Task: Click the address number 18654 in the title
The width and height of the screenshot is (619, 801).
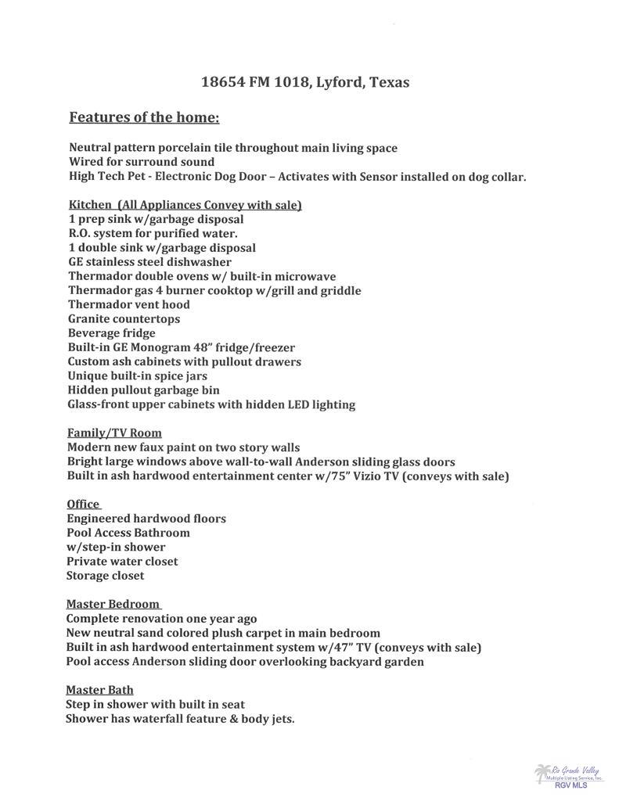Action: pyautogui.click(x=223, y=82)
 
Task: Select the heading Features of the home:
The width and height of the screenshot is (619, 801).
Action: pyautogui.click(x=145, y=118)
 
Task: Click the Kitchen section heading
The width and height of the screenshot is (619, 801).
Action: pyautogui.click(x=185, y=205)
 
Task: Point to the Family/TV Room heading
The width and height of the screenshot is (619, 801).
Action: pyautogui.click(x=114, y=433)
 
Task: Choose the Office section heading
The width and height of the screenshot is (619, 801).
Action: pyautogui.click(x=83, y=505)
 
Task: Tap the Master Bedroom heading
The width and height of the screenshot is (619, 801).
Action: pyautogui.click(x=113, y=604)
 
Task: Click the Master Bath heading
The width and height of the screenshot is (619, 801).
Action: pyautogui.click(x=99, y=690)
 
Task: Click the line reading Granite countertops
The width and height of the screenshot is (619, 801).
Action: pyautogui.click(x=124, y=319)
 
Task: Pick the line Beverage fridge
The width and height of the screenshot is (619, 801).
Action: pyautogui.click(x=111, y=333)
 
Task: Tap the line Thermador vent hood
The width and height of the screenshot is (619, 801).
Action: pyautogui.click(x=128, y=304)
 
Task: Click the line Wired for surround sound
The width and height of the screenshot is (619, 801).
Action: pyautogui.click(x=142, y=162)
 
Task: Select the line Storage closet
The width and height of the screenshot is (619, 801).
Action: pyautogui.click(x=106, y=576)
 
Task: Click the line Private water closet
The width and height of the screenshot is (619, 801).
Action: pyautogui.click(x=122, y=562)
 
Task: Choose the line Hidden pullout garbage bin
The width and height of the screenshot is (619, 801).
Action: pyautogui.click(x=143, y=390)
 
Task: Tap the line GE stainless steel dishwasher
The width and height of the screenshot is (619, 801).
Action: pyautogui.click(x=149, y=262)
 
